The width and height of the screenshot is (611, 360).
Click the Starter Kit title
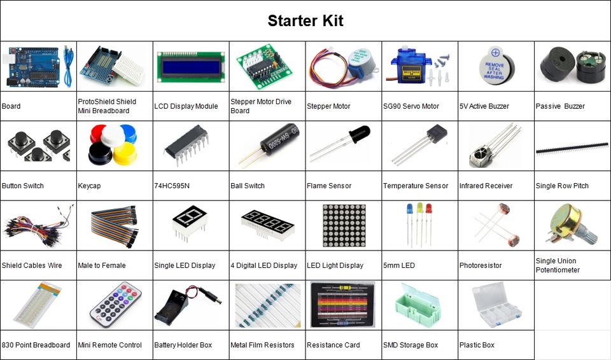pos(305,20)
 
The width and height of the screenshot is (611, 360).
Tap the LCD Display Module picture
pos(191,66)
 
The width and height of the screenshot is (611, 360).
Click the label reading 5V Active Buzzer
pos(484,106)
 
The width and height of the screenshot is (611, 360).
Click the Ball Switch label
pos(248,186)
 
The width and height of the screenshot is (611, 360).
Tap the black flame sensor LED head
pos(359,135)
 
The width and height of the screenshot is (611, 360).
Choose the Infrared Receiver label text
pos(486,186)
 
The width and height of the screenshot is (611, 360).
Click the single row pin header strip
pos(572,148)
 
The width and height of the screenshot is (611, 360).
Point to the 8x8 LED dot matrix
pos(344,225)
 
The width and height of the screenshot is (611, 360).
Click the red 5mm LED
pos(428,209)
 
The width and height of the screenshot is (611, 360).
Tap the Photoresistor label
pos(481,265)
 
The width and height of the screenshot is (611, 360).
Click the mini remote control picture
pos(115,305)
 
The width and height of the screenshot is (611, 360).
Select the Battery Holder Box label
pos(183,345)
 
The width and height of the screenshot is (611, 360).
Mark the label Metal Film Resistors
pos(262,345)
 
